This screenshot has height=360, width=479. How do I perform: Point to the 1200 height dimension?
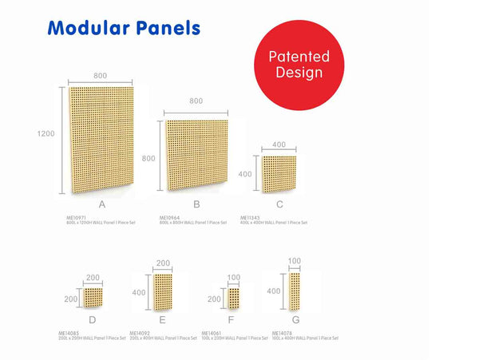[46, 134]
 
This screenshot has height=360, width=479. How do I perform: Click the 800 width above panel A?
[101, 75]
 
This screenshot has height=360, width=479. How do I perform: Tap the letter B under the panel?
[196, 205]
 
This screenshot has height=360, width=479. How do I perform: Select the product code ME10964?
[170, 217]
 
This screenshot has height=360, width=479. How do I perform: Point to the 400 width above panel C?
[279, 144]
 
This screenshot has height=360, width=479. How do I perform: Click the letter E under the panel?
[163, 320]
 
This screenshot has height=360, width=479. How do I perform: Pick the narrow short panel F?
[234, 298]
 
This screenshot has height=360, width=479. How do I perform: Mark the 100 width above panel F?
[234, 277]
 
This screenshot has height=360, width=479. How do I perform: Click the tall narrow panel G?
[295, 290]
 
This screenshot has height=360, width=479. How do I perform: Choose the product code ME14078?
[282, 333]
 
